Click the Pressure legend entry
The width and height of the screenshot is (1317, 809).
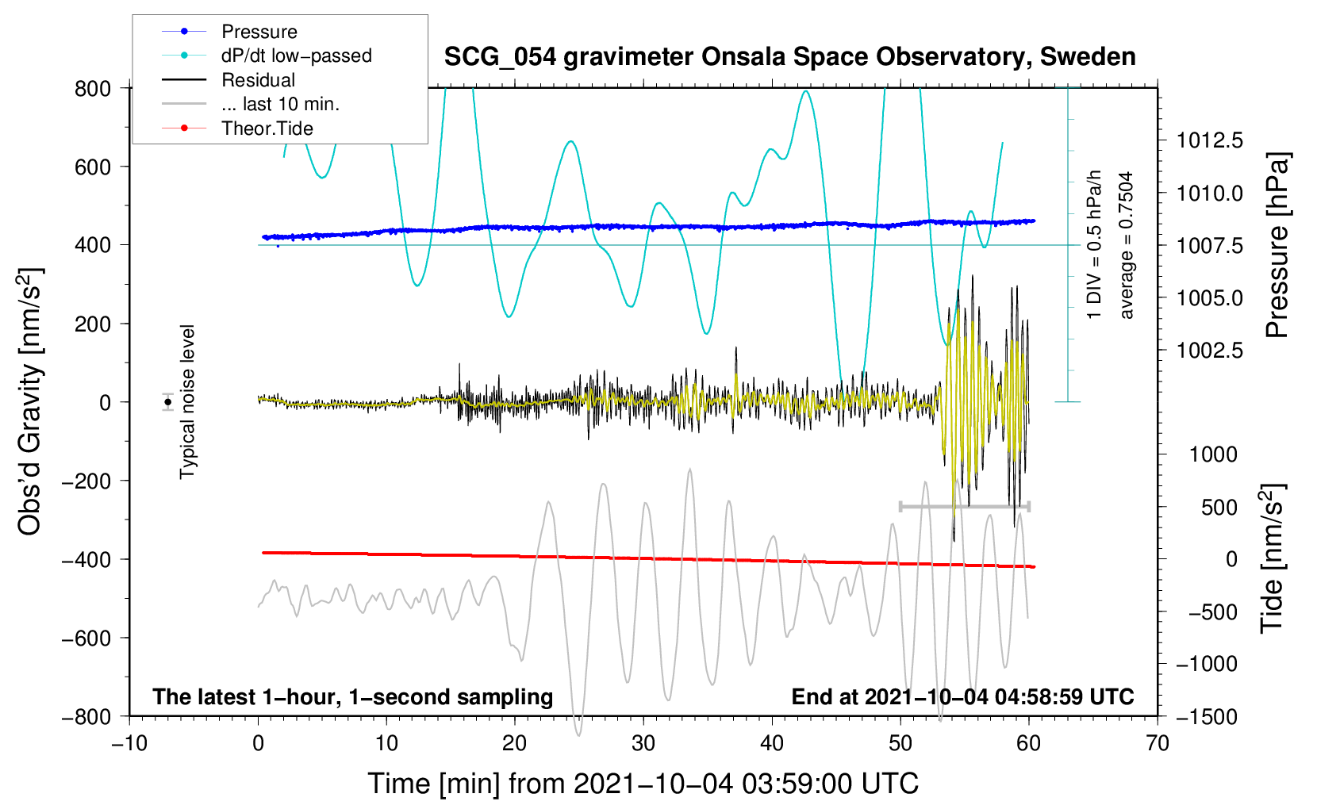tap(259, 32)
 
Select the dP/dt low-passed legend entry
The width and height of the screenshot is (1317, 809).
tap(296, 56)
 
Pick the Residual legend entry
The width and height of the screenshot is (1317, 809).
tap(258, 80)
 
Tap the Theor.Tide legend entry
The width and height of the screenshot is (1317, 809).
tap(267, 128)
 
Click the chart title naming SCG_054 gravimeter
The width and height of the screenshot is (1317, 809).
tap(789, 57)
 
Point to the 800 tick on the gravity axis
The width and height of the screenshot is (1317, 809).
tap(93, 88)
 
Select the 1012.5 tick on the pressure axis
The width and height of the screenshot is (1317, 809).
tap(1209, 140)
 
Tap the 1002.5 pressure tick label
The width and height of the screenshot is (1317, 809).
tap(1209, 351)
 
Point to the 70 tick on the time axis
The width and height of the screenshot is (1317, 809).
tap(1158, 743)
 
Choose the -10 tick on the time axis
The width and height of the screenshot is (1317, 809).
tap(129, 743)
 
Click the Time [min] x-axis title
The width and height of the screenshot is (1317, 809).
tap(643, 784)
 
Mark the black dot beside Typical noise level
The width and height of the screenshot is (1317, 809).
tap(167, 402)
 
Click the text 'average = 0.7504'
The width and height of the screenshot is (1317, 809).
tap(1127, 245)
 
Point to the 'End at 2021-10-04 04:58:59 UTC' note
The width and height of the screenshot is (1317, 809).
tap(962, 697)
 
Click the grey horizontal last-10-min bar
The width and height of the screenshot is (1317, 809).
tap(964, 506)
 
